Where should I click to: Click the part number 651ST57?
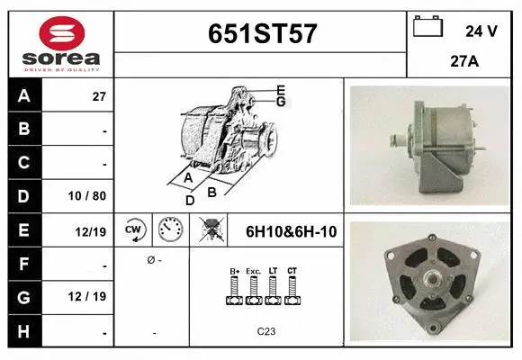pyautogui.click(x=262, y=34)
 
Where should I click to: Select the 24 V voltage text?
pyautogui.click(x=481, y=31)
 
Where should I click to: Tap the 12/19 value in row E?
pyautogui.click(x=94, y=232)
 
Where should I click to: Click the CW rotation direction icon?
pyautogui.click(x=134, y=230)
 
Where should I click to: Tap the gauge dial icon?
pyautogui.click(x=168, y=230)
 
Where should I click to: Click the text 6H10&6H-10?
pyautogui.click(x=291, y=231)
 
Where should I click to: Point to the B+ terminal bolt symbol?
pyautogui.click(x=235, y=285)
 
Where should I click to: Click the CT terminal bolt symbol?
pyautogui.click(x=292, y=285)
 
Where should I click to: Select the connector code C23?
pyautogui.click(x=266, y=331)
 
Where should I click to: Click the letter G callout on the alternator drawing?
pyautogui.click(x=281, y=102)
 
